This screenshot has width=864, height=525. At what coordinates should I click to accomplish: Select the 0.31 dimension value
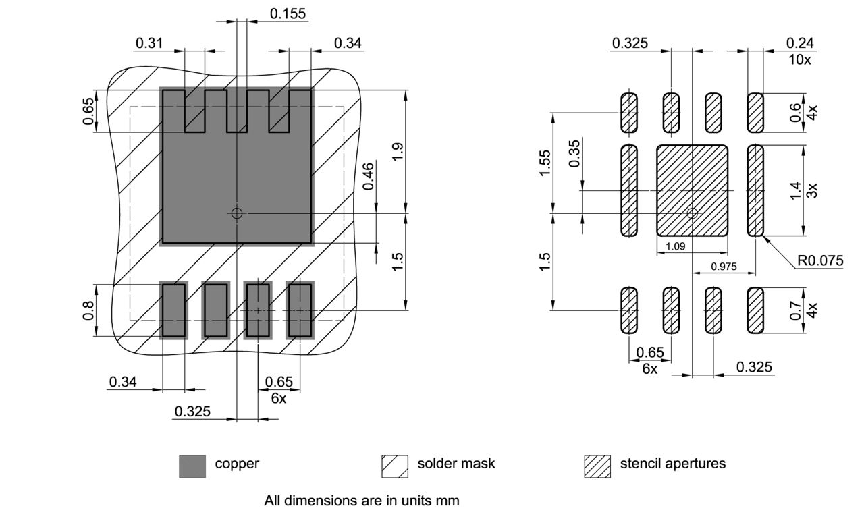coord(149,43)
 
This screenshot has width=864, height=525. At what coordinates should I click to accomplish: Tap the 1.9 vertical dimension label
coord(398,151)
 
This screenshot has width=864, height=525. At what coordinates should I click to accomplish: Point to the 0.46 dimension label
coord(368,176)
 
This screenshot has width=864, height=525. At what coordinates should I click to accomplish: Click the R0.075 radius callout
coord(820,260)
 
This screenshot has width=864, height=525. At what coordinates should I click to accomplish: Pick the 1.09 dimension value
coord(676,246)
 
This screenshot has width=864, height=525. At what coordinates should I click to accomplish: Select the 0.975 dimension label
coord(724,267)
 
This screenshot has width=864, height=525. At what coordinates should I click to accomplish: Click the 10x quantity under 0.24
coord(800,59)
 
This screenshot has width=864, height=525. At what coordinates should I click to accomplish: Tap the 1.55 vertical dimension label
coord(545,163)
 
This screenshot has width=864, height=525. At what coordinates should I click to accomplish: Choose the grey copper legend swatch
coord(192,466)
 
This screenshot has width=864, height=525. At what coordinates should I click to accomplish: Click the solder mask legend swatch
coord(395,466)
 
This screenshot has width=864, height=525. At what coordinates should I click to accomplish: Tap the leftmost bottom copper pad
coord(173,310)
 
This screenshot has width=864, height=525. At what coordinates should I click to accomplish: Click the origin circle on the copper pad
coord(236,213)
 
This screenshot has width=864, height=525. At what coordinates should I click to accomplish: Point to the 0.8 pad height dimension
coord(88,310)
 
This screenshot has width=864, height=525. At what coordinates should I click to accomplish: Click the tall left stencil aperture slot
coord(628,190)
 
